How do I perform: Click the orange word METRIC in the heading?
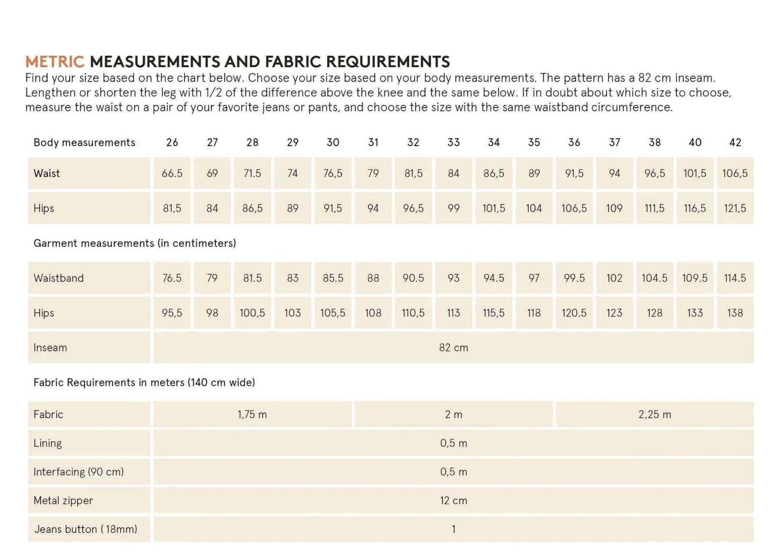click(x=55, y=62)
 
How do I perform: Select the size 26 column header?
click(x=172, y=142)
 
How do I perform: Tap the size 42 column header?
click(x=735, y=142)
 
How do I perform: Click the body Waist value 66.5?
click(x=172, y=173)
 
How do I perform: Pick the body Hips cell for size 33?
click(x=454, y=208)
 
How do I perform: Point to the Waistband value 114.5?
click(x=735, y=278)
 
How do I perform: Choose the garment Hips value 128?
click(x=655, y=313)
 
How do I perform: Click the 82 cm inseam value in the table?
click(x=454, y=347)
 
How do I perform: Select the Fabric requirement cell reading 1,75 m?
click(x=252, y=414)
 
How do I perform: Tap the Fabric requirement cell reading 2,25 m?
click(x=655, y=414)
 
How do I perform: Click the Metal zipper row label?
click(x=63, y=501)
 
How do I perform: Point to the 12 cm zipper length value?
click(x=454, y=501)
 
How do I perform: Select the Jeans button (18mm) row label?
click(x=86, y=529)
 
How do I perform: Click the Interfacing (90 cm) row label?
click(x=79, y=472)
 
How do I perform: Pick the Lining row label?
click(x=48, y=443)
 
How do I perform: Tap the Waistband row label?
click(x=59, y=278)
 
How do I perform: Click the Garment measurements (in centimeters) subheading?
click(x=135, y=243)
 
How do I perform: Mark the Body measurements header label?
click(x=84, y=142)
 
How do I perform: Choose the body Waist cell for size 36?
click(x=574, y=173)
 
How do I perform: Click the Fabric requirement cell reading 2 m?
click(x=454, y=414)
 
